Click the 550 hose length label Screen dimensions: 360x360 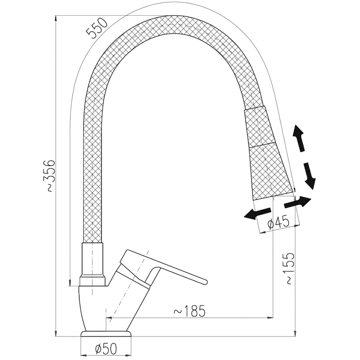coord(97,28)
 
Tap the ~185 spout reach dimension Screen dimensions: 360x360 coord(189,311)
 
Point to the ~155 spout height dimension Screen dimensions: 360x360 coord(288,269)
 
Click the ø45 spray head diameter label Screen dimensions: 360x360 coord(279,222)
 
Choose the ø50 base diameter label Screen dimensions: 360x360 coord(106,349)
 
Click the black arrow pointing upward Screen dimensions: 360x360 coord(299,138)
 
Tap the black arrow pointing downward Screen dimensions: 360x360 coord(310,176)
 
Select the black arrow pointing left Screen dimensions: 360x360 coord(257,213)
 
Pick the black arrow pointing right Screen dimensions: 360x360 coord(297,202)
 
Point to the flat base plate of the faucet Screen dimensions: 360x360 coord(106,333)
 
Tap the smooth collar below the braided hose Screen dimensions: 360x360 coord(92,260)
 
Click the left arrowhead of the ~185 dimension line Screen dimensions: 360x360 coord(109,318)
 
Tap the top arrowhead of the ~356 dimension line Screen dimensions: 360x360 coord(56,18)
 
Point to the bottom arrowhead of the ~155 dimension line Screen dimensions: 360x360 coord(295,333)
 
